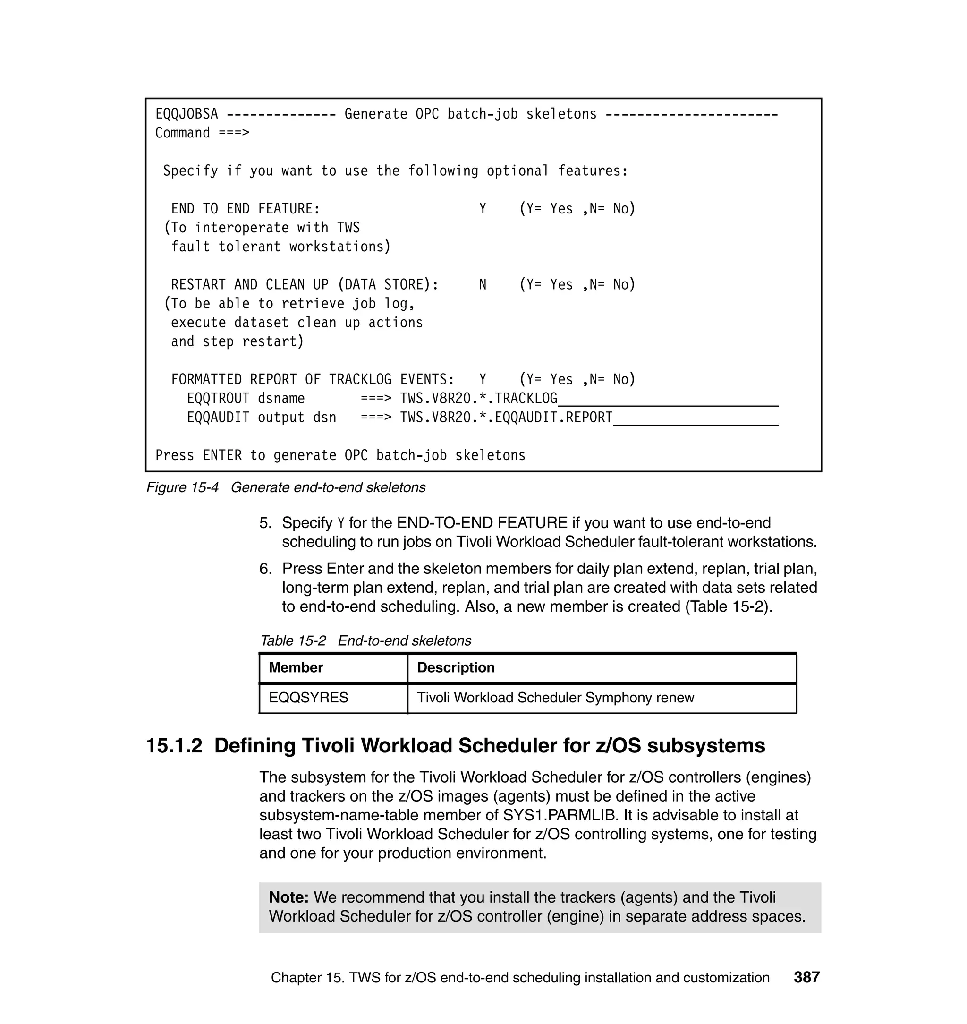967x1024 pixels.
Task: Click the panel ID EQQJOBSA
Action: (x=186, y=114)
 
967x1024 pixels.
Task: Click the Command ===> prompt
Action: (x=202, y=133)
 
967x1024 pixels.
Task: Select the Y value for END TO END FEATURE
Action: (x=483, y=209)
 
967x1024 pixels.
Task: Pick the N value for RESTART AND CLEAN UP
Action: (x=483, y=285)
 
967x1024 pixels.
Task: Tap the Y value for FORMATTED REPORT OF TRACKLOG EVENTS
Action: (x=483, y=379)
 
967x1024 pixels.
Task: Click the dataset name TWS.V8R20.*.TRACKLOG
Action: (x=478, y=399)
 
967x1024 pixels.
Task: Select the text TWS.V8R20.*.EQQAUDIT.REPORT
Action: (x=506, y=418)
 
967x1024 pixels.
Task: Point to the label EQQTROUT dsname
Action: (x=246, y=399)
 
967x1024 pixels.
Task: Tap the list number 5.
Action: (x=265, y=523)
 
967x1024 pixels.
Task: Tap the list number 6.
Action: (x=265, y=569)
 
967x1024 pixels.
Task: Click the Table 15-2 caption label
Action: (x=293, y=641)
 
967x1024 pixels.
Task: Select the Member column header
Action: (x=296, y=668)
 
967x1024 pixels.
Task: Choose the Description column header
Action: (x=456, y=668)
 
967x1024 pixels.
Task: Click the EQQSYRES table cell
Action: (x=308, y=698)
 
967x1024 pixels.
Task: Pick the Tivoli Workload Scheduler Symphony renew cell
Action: (x=555, y=698)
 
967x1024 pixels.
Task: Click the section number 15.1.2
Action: (x=174, y=746)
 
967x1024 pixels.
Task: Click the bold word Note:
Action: (x=288, y=898)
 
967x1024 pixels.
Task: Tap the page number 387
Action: (x=806, y=978)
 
